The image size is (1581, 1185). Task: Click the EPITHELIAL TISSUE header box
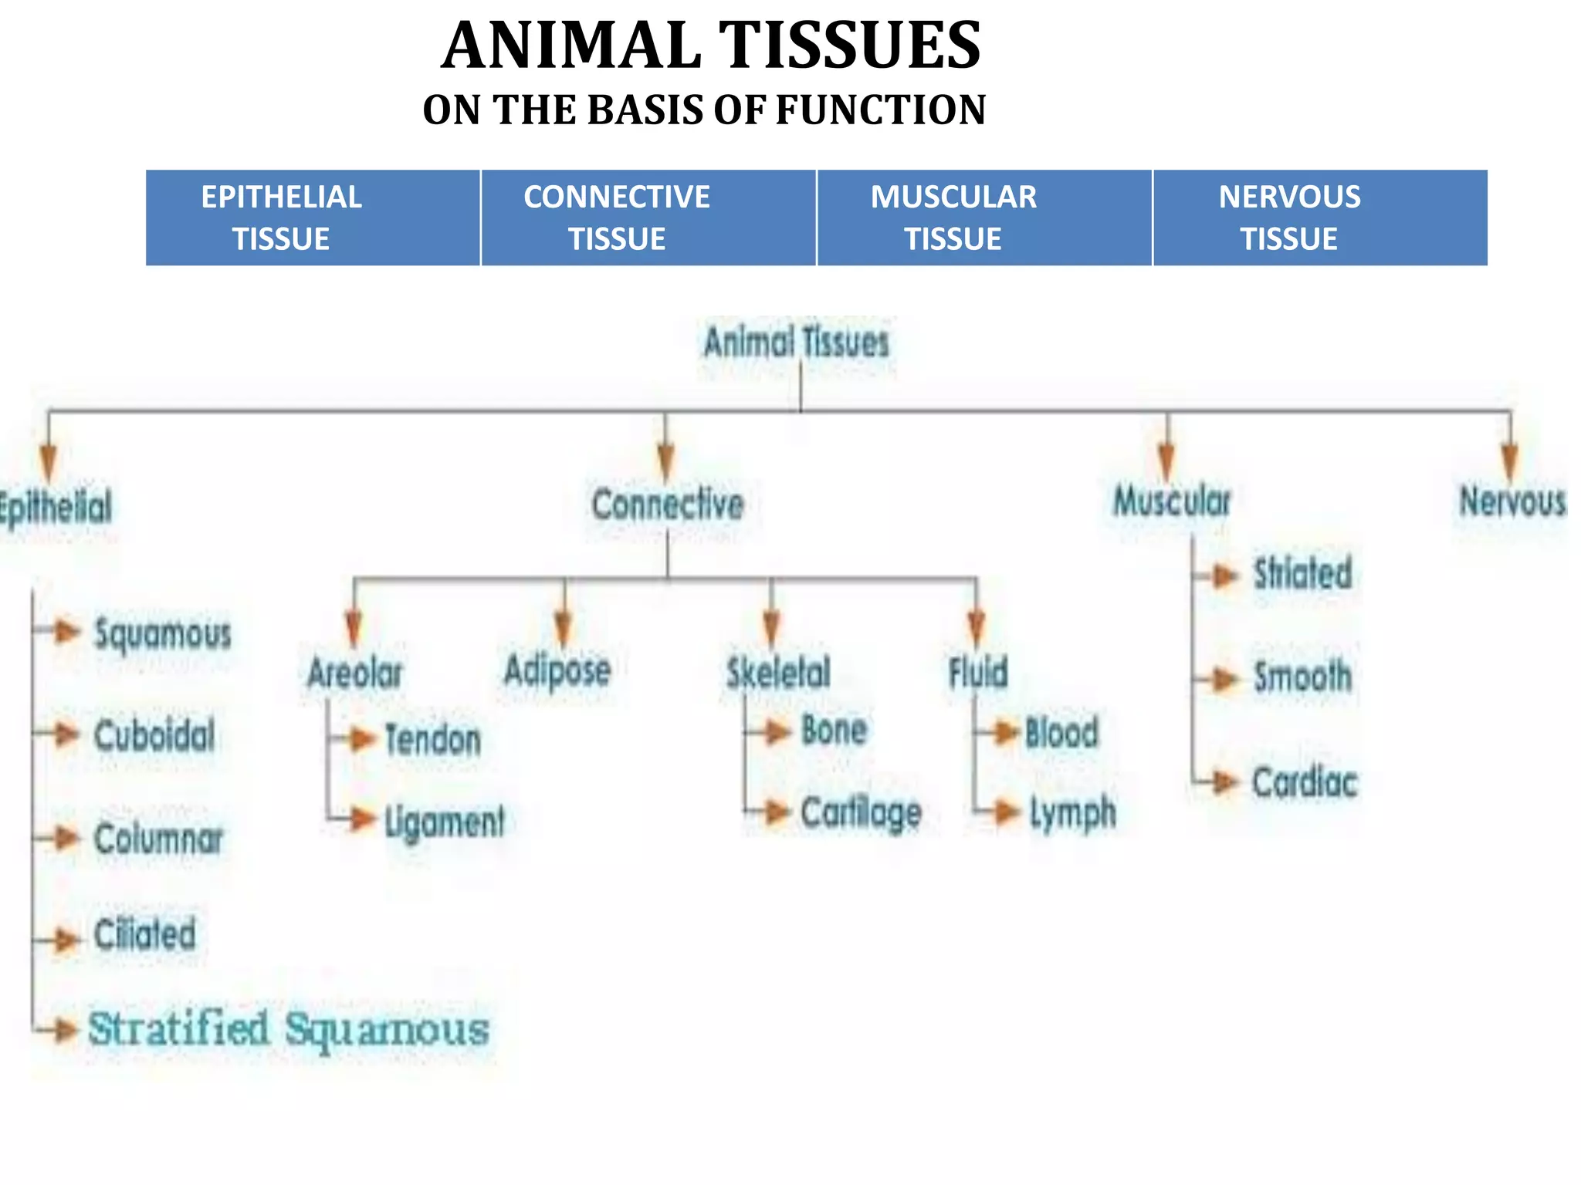[313, 218]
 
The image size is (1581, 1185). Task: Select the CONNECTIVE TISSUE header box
[648, 218]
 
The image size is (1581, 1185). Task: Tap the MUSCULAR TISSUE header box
[984, 218]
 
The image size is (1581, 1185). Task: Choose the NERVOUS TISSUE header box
[1320, 218]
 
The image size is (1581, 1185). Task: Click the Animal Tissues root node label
[797, 343]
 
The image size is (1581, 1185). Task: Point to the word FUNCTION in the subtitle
[880, 110]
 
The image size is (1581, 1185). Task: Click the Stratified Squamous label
[289, 1029]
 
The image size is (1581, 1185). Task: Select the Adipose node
[557, 670]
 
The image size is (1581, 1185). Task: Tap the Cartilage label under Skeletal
[861, 812]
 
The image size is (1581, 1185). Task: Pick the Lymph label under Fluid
[1073, 812]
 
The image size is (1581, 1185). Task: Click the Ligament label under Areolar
[445, 821]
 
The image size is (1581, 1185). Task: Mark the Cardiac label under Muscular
[1305, 782]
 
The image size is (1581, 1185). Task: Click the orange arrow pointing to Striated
[1224, 576]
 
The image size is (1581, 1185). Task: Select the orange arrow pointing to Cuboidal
[66, 734]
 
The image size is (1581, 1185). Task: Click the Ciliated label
[145, 934]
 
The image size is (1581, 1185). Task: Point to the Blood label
[1061, 732]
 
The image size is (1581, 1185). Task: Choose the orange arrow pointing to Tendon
[360, 739]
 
